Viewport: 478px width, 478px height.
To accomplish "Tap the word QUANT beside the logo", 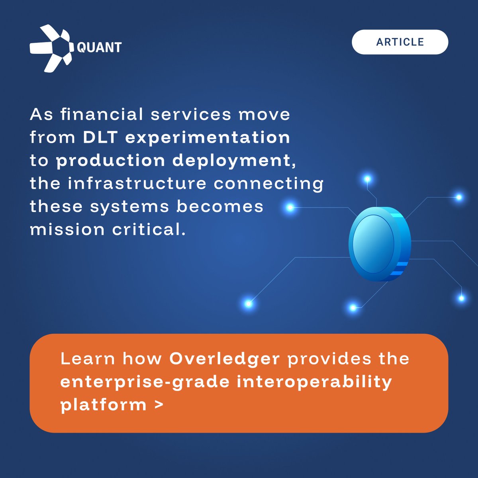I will pyautogui.click(x=99, y=47).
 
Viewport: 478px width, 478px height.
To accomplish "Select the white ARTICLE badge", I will pyautogui.click(x=400, y=42).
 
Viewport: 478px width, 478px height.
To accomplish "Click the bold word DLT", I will pyautogui.click(x=100, y=137).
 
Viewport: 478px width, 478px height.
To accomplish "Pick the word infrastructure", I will pyautogui.click(x=137, y=184).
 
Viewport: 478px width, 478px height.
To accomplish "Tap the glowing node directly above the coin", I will pyautogui.click(x=367, y=179).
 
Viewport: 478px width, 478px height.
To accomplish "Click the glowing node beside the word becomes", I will pyautogui.click(x=290, y=207).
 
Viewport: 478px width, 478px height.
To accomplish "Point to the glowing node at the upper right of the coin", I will pyautogui.click(x=458, y=197).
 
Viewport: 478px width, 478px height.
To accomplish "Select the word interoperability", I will pyautogui.click(x=314, y=382).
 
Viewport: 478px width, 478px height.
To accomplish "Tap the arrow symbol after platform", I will pyautogui.click(x=159, y=405).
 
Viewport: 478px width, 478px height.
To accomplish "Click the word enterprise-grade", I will pyautogui.click(x=145, y=382).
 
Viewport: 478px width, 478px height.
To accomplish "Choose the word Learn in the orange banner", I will pyautogui.click(x=88, y=359).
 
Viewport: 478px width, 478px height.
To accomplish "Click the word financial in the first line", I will pyautogui.click(x=102, y=115).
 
